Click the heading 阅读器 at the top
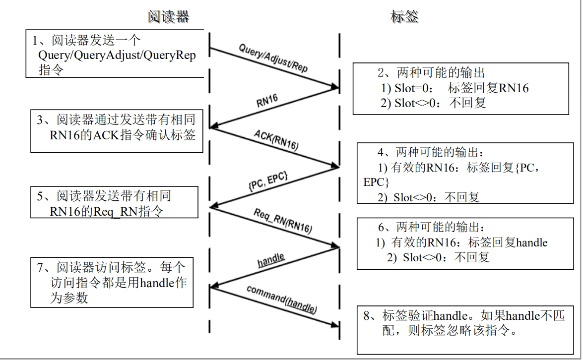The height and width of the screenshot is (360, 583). (168, 17)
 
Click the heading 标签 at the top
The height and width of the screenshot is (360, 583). (404, 17)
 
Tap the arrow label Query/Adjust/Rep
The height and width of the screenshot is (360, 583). (273, 59)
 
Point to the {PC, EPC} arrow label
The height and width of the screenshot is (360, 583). (267, 181)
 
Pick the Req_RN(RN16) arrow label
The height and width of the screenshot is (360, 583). (282, 221)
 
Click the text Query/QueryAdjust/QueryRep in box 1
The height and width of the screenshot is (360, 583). (117, 56)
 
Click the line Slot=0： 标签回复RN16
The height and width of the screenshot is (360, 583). (454, 89)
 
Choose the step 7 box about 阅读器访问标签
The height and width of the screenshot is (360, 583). (112, 282)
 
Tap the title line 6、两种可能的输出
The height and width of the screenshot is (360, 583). (431, 228)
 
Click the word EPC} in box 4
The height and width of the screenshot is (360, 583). (376, 182)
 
